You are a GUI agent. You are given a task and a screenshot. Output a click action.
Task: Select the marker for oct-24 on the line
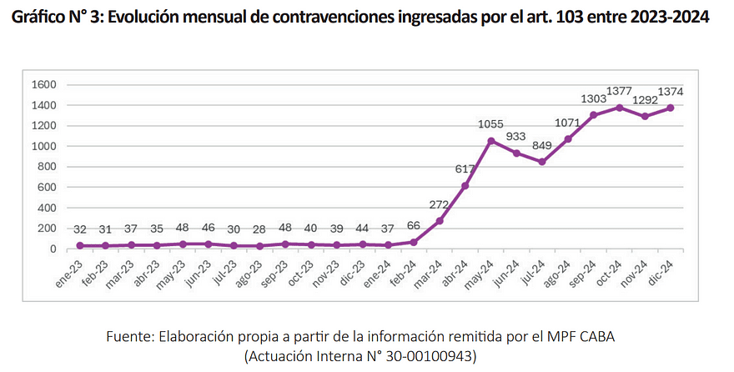pyautogui.click(x=619, y=108)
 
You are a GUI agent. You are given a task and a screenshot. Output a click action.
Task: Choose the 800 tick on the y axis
pyautogui.click(x=47, y=167)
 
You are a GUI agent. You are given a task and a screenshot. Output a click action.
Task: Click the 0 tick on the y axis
pyautogui.click(x=53, y=249)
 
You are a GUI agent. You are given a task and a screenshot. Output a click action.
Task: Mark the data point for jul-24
pyautogui.click(x=542, y=162)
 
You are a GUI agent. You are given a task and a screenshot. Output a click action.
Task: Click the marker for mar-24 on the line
pyautogui.click(x=440, y=221)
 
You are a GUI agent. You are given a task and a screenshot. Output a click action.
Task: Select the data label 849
pyautogui.click(x=542, y=146)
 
